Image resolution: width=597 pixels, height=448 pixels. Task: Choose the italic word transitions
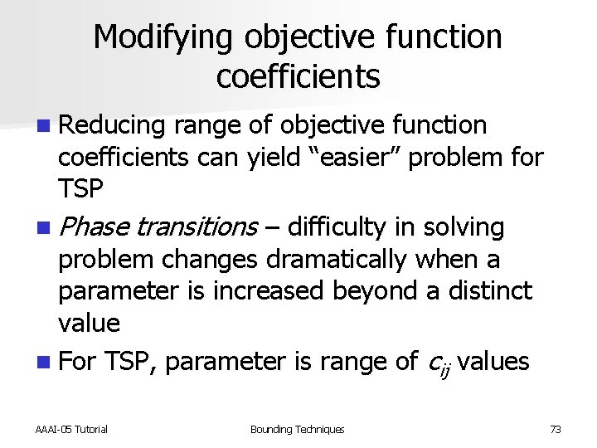pos(197,227)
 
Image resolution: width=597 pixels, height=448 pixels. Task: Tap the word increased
pos(267,291)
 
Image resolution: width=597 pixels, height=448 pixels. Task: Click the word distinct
pos(495,291)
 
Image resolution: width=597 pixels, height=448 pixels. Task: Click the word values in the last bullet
pos(493,362)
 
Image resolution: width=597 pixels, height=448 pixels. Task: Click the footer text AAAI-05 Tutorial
pos(71,429)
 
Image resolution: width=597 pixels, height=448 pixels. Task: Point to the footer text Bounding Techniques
pos(297,429)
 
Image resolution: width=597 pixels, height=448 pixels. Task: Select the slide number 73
pos(555,429)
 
